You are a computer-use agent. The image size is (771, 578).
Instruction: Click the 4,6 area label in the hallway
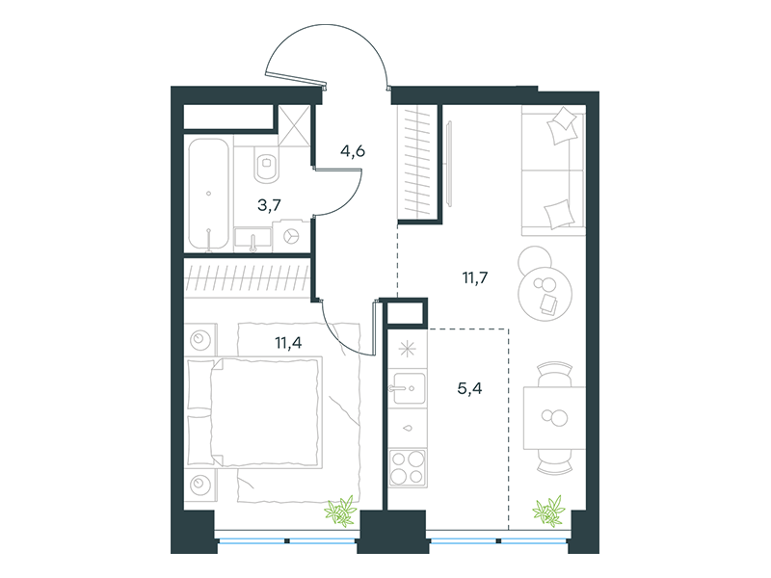pyautogui.click(x=353, y=151)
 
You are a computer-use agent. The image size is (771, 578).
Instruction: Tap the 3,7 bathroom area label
pyautogui.click(x=270, y=204)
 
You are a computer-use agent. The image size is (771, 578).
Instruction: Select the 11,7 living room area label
pyautogui.click(x=475, y=277)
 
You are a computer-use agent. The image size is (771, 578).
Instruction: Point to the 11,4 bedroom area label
pyautogui.click(x=288, y=342)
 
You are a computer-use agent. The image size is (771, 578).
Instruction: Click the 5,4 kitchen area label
pyautogui.click(x=469, y=388)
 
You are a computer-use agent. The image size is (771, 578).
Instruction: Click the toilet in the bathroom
pyautogui.click(x=267, y=164)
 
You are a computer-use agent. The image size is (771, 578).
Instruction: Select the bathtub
pyautogui.click(x=209, y=195)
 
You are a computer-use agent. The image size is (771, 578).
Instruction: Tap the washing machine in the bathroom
pyautogui.click(x=292, y=236)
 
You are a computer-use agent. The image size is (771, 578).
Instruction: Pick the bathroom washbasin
pyautogui.click(x=253, y=239)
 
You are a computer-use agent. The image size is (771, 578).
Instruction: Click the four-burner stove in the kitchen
pyautogui.click(x=407, y=467)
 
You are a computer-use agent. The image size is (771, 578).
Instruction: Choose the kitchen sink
pyautogui.click(x=407, y=388)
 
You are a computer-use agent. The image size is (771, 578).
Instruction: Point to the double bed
pyautogui.click(x=254, y=412)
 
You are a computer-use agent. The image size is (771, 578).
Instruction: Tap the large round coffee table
pyautogui.click(x=545, y=294)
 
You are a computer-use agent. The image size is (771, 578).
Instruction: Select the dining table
pyautogui.click(x=554, y=418)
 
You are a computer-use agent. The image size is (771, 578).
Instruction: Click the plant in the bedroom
pyautogui.click(x=341, y=512)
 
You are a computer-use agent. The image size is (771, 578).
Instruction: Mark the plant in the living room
pyautogui.click(x=548, y=512)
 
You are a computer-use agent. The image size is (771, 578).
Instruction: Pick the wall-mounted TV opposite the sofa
pyautogui.click(x=449, y=162)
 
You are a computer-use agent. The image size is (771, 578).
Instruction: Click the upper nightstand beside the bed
pyautogui.click(x=200, y=338)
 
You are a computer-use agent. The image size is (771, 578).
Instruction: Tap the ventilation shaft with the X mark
pyautogui.click(x=295, y=125)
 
